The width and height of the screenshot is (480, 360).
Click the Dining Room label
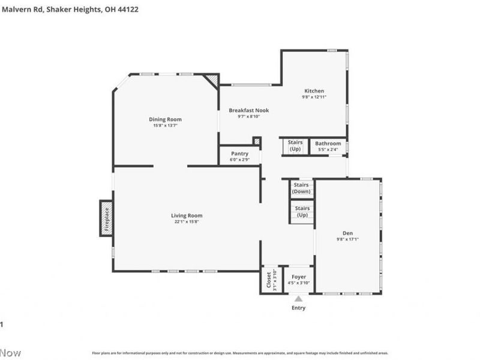point(165,119)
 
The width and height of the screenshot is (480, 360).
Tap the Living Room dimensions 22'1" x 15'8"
point(187,222)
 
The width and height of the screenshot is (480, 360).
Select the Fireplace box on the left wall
point(106,218)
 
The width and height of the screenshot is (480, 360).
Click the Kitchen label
point(314,91)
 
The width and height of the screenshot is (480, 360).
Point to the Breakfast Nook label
point(248,110)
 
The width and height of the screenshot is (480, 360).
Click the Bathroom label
point(328,143)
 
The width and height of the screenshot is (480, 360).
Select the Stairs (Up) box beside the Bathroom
point(295,146)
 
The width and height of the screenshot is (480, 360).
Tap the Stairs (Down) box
point(302,188)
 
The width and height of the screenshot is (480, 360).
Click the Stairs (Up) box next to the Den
point(302,211)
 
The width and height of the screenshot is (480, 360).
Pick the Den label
point(347,233)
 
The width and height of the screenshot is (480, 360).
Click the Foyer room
point(298,280)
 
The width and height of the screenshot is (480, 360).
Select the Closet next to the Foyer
point(268,280)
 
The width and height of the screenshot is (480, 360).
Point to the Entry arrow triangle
point(298,298)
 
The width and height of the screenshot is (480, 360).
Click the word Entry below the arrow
point(298,308)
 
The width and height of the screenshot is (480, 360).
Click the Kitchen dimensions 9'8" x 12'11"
point(314,97)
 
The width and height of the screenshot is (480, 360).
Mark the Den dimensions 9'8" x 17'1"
point(347,239)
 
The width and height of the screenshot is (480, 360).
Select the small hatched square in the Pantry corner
point(256,142)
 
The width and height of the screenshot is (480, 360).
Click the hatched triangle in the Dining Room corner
point(212,80)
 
